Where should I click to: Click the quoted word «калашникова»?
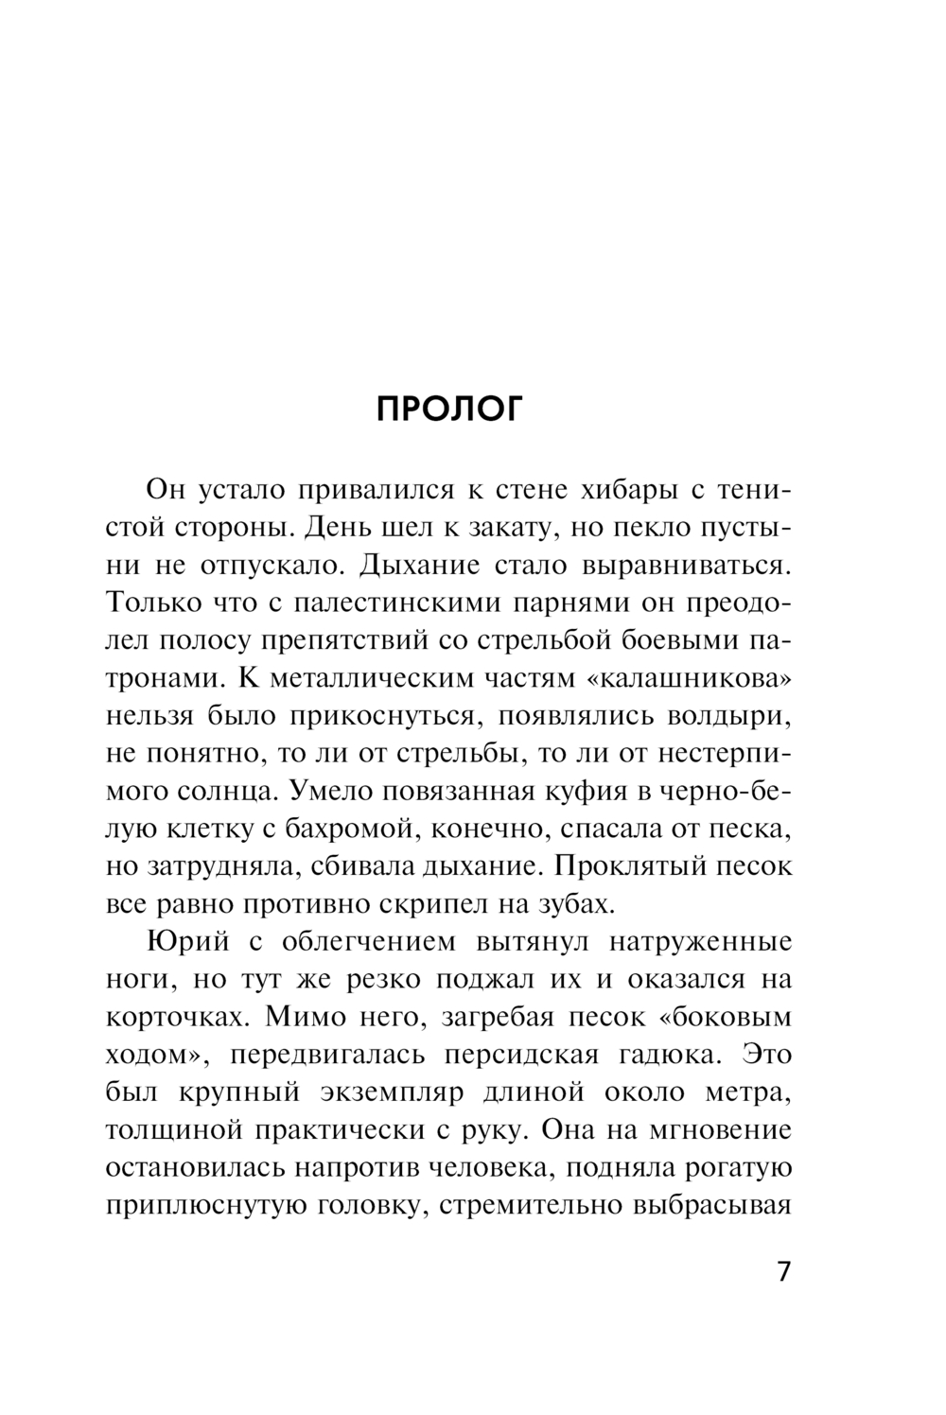point(694,678)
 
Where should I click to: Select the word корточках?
point(179,1017)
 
